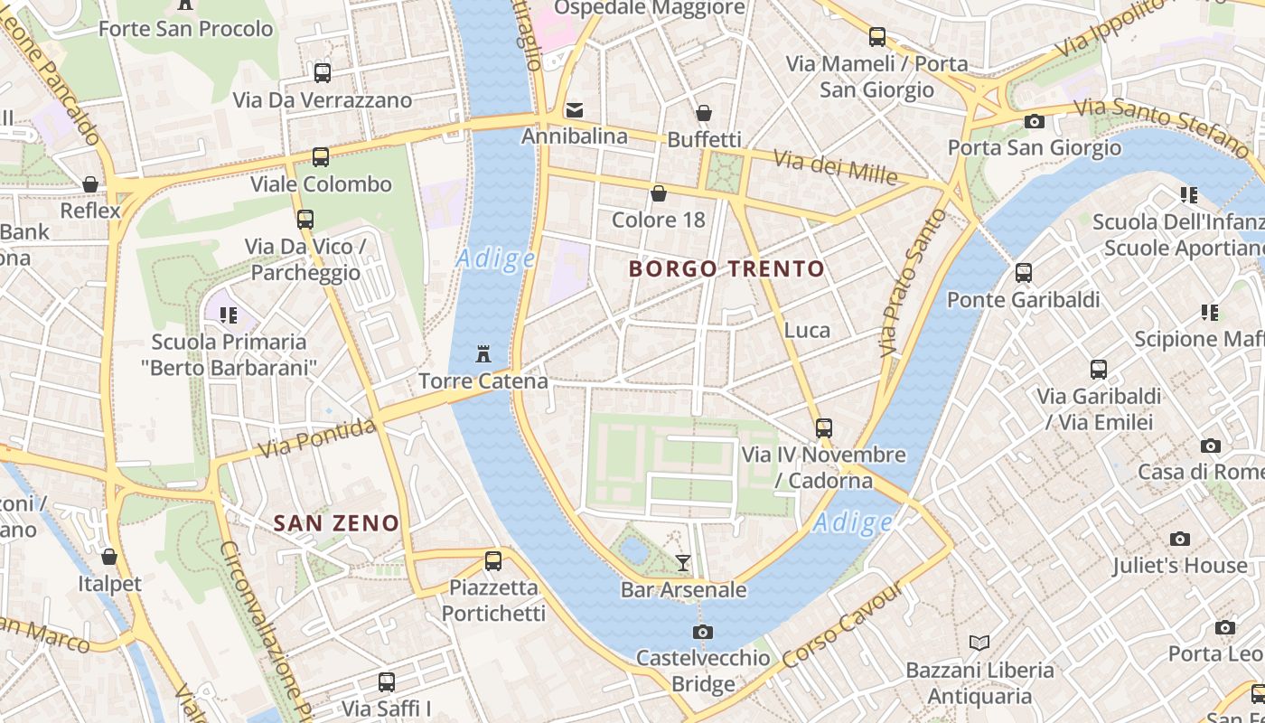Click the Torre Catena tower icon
click(x=483, y=352)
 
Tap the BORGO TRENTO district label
click(x=726, y=268)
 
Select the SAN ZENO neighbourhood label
click(x=336, y=522)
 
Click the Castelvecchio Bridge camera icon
click(x=702, y=632)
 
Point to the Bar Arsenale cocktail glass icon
click(x=683, y=563)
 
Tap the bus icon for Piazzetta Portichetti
click(x=492, y=560)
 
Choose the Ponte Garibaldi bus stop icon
click(x=1023, y=272)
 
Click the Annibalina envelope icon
click(x=574, y=110)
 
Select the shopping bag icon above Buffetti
click(x=703, y=113)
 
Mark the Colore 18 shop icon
click(x=659, y=193)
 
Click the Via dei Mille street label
click(x=836, y=166)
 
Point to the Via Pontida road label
click(x=316, y=437)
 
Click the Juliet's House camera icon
click(x=1179, y=539)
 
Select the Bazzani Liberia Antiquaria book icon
click(x=979, y=643)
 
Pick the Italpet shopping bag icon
click(x=109, y=557)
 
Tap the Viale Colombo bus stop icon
click(x=321, y=157)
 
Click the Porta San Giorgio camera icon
click(x=1034, y=121)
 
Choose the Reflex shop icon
click(x=90, y=184)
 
